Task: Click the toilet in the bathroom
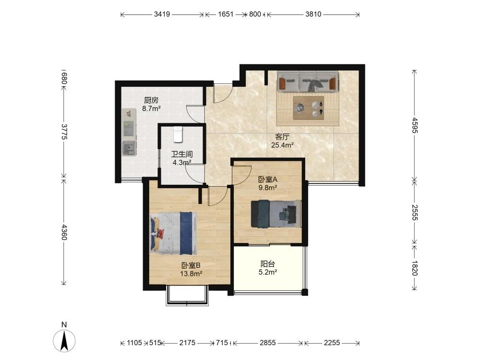click(x=178, y=134)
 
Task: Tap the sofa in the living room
click(x=308, y=81)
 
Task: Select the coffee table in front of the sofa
click(x=308, y=108)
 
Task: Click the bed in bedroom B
click(x=173, y=233)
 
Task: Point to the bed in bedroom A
click(x=276, y=214)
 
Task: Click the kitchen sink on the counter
click(x=130, y=149)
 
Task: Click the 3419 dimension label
click(x=162, y=14)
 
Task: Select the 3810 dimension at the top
click(x=313, y=14)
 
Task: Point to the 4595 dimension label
click(x=415, y=125)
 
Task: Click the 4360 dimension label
click(x=64, y=232)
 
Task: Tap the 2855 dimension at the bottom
click(x=268, y=343)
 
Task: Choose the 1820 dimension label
click(x=415, y=268)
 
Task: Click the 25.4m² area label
click(x=282, y=145)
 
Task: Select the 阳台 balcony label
click(x=267, y=264)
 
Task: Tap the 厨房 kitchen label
click(x=151, y=100)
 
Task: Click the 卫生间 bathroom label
click(x=182, y=154)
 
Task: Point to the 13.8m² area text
click(x=191, y=274)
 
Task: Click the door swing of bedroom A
click(x=242, y=175)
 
